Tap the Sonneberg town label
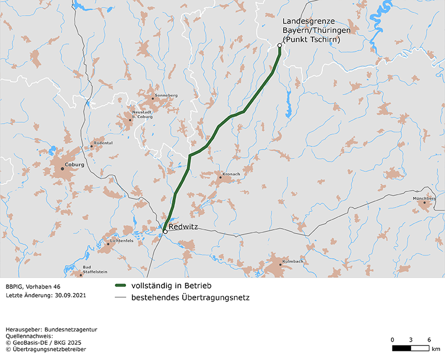[x=166, y=95]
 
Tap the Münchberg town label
[x=424, y=198]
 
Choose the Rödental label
[x=103, y=143]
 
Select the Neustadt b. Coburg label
[x=142, y=114]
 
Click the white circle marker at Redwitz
[x=165, y=231]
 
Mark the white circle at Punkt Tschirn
[x=280, y=45]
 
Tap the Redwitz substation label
[x=184, y=228]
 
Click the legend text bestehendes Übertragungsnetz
[x=190, y=297]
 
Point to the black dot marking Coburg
[x=62, y=169]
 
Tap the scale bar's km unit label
[x=436, y=349]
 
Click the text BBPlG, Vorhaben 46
[x=33, y=286]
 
